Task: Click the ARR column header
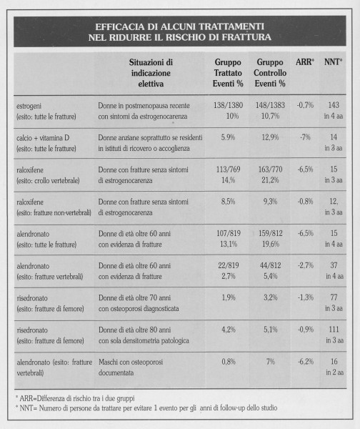(305, 62)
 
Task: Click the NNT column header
(333, 62)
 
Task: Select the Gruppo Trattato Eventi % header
(228, 73)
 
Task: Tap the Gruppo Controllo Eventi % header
(270, 73)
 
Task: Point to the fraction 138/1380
(229, 105)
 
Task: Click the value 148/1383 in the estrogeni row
(270, 105)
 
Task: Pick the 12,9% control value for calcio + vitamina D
(270, 137)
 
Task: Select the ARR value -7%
(305, 137)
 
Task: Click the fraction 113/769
(229, 169)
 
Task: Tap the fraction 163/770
(270, 169)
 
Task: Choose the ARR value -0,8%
(305, 202)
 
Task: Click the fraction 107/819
(229, 233)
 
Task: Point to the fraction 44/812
(271, 265)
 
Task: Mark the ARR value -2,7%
(306, 265)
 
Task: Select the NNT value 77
(334, 297)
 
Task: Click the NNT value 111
(334, 330)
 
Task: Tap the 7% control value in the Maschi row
(271, 362)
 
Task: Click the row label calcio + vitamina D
(43, 138)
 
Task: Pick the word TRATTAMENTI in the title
(231, 26)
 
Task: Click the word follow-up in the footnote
(232, 408)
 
